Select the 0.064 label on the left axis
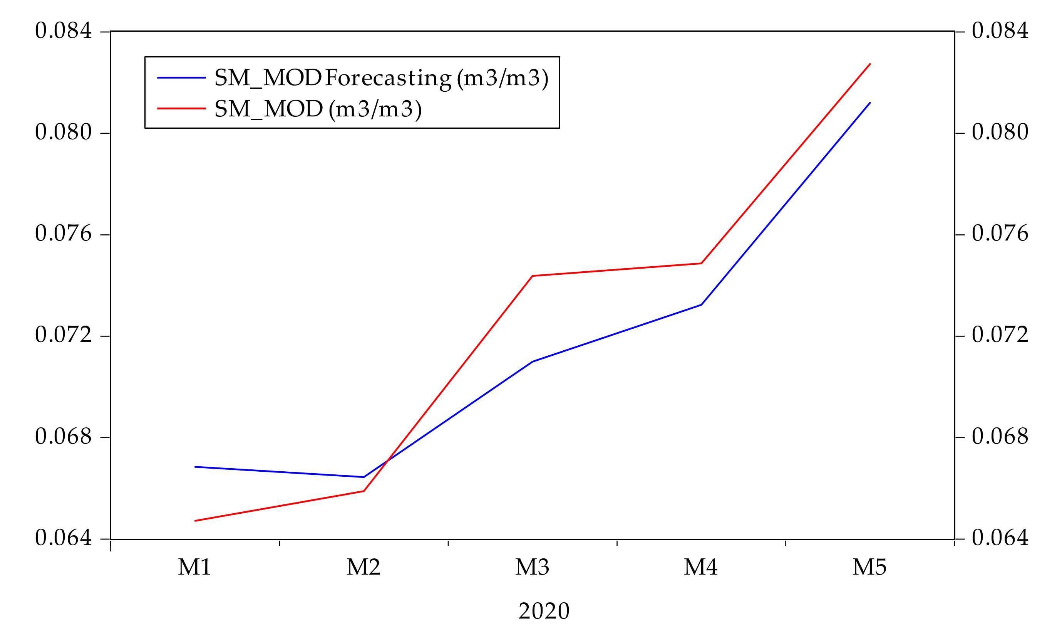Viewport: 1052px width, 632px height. (64, 538)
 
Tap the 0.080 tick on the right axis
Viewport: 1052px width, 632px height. (1000, 133)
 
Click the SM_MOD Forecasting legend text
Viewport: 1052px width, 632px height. (381, 78)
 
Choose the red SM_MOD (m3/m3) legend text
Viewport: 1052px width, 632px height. (318, 109)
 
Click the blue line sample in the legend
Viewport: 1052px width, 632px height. (182, 77)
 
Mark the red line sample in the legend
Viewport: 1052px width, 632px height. (182, 109)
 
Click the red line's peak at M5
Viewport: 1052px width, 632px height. (870, 64)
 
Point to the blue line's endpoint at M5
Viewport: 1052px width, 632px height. (870, 103)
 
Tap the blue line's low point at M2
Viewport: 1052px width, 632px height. (364, 477)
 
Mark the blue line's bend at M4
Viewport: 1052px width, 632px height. (701, 305)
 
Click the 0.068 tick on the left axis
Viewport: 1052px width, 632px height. (64, 437)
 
